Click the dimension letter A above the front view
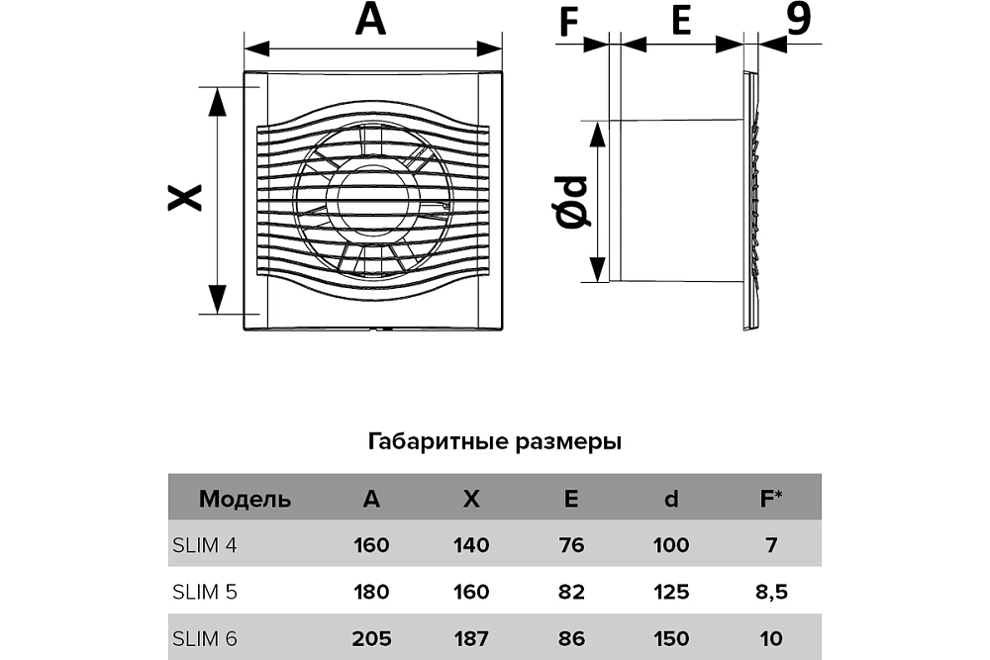371,20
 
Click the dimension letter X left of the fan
185,198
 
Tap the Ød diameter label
571,202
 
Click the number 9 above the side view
799,20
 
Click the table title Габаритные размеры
495,441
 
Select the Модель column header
245,499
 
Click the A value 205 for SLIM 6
370,638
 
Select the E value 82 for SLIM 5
571,592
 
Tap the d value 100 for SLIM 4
671,545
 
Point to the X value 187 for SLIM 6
471,638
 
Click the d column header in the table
671,499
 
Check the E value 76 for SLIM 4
571,545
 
